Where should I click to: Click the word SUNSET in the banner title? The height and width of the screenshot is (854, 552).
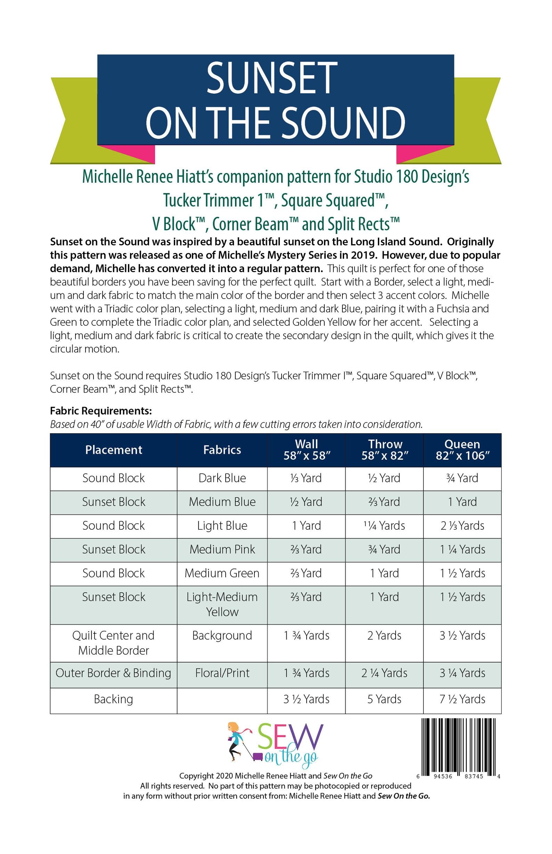pyautogui.click(x=272, y=79)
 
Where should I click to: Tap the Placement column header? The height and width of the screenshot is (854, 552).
pyautogui.click(x=114, y=450)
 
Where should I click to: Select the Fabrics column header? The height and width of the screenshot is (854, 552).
pyautogui.click(x=222, y=450)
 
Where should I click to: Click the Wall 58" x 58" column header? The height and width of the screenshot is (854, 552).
pyautogui.click(x=307, y=450)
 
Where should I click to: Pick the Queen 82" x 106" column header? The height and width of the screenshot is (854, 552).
pyautogui.click(x=462, y=450)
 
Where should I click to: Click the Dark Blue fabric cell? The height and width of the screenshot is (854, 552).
pyautogui.click(x=222, y=478)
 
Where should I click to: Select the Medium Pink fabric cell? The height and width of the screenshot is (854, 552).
pyautogui.click(x=222, y=549)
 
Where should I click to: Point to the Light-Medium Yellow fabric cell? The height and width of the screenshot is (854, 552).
pyautogui.click(x=222, y=604)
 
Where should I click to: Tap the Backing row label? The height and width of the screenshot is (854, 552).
pyautogui.click(x=114, y=699)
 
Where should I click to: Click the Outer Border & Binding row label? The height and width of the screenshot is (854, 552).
pyautogui.click(x=114, y=673)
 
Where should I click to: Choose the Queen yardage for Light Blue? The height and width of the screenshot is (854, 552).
pyautogui.click(x=462, y=526)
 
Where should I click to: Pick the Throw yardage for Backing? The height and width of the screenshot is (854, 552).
pyautogui.click(x=384, y=699)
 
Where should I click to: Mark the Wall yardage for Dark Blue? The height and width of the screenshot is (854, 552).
pyautogui.click(x=307, y=478)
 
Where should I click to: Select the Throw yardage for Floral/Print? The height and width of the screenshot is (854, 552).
pyautogui.click(x=384, y=673)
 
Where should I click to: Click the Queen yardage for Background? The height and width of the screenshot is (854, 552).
pyautogui.click(x=462, y=635)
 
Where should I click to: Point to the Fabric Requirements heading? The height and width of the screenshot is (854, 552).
pyautogui.click(x=101, y=411)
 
